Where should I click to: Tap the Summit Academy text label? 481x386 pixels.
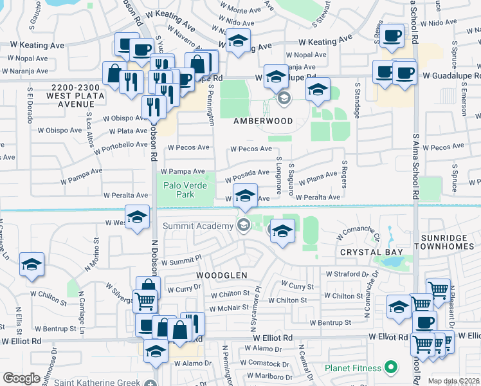pos(197,226)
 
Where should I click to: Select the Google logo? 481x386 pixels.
pos(21,378)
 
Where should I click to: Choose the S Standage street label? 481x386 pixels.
pos(356,100)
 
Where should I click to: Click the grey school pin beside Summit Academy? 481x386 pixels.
pos(243,225)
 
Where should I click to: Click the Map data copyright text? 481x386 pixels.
pos(453,381)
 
